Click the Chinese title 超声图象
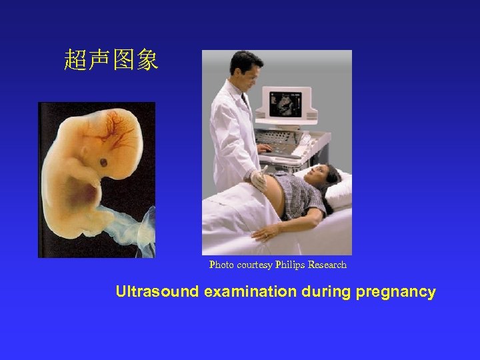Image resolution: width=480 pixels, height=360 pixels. [x=111, y=61]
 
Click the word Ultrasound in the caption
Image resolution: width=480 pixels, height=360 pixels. [x=157, y=292]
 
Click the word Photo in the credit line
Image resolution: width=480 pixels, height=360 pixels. [x=221, y=265]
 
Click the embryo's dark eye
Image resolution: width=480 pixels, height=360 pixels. [x=104, y=163]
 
